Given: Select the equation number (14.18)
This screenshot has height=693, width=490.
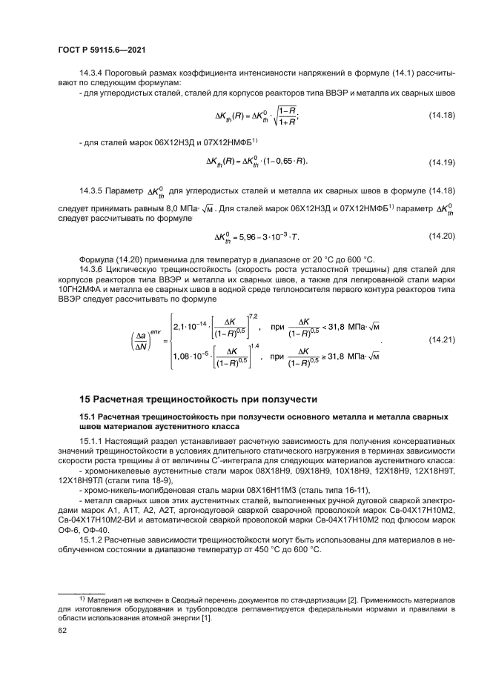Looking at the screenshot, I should pos(442,116).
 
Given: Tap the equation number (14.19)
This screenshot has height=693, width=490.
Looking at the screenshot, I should pos(442,162).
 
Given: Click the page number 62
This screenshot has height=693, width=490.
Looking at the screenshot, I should pos(62,631).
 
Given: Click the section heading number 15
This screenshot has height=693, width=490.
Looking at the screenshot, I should pos(85,399).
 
